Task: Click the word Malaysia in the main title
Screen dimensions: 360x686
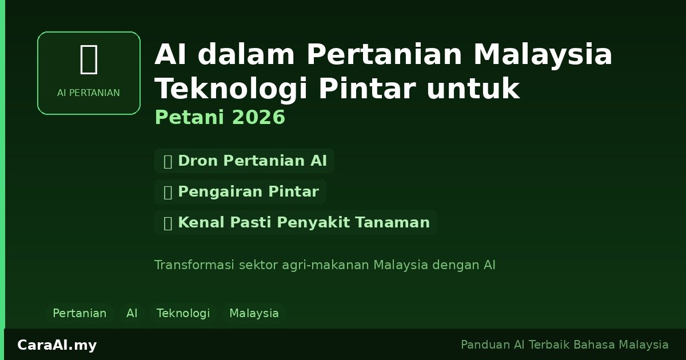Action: pyautogui.click(x=543, y=55)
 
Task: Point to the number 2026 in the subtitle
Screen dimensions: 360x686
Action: pyautogui.click(x=259, y=118)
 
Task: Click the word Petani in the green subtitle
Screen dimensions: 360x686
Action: pyautogui.click(x=190, y=118)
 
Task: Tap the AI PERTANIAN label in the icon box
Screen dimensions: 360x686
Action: pyautogui.click(x=89, y=93)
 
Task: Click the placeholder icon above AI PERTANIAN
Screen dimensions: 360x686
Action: pyautogui.click(x=89, y=59)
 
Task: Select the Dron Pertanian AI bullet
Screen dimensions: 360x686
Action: pyautogui.click(x=245, y=161)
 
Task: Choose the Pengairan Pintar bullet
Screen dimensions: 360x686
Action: pyautogui.click(x=241, y=192)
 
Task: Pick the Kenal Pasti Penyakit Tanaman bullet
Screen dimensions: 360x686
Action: pyautogui.click(x=296, y=223)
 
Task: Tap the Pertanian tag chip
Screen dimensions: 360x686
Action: pyautogui.click(x=79, y=313)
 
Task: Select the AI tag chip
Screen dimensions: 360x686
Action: pyautogui.click(x=132, y=313)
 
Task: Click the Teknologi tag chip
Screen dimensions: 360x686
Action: pyautogui.click(x=184, y=313)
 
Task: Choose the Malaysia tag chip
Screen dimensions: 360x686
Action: pyautogui.click(x=254, y=313)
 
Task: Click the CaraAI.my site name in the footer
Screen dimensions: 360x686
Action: pyautogui.click(x=57, y=345)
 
